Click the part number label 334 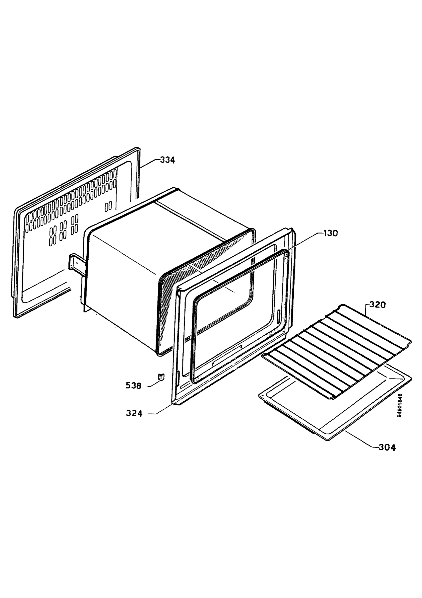click(167, 160)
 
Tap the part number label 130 click(330, 233)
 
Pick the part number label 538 click(133, 385)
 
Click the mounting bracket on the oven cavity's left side click(76, 265)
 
